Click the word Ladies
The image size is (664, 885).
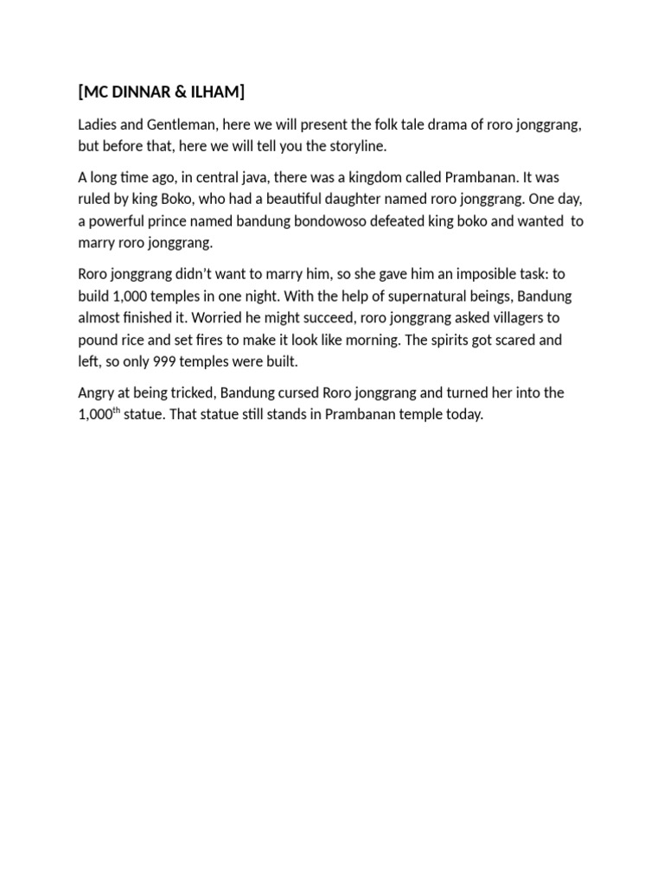(97, 125)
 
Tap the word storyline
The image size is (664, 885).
(348, 146)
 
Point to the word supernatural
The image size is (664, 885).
(405, 296)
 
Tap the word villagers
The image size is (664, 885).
(522, 317)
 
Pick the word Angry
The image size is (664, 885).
(97, 392)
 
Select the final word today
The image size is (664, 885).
(464, 414)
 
